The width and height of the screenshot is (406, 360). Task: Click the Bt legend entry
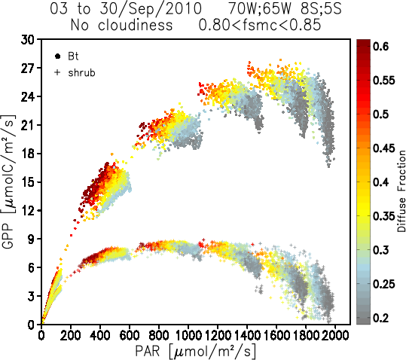(66, 56)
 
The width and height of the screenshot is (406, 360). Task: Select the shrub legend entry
(75, 73)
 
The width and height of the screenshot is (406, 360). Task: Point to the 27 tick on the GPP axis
(28, 68)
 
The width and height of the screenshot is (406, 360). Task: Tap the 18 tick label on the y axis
(28, 154)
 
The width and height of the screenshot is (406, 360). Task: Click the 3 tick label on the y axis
(31, 296)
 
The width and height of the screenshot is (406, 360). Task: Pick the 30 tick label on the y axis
(28, 40)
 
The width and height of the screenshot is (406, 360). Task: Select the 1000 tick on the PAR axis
(188, 336)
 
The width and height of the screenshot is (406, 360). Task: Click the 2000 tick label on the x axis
(335, 336)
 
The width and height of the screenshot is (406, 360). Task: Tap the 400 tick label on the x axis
(100, 336)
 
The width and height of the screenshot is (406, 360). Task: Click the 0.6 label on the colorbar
(381, 47)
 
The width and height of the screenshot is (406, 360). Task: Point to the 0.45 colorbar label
(384, 148)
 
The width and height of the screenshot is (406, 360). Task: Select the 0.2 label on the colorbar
(381, 318)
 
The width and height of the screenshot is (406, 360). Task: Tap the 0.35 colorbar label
(384, 216)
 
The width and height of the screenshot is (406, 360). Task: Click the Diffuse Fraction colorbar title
(401, 191)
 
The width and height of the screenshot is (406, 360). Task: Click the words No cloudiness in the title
(121, 26)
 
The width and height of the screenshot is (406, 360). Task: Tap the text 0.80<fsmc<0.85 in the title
(260, 26)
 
